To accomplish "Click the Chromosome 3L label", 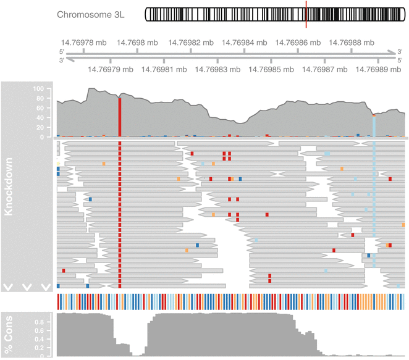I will [x=91, y=14].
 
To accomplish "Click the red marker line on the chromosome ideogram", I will [x=306, y=14].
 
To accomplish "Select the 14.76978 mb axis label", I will [x=83, y=43].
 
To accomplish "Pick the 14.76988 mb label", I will [x=352, y=43].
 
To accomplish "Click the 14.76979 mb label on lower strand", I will [x=110, y=70].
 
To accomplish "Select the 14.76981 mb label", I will [x=164, y=70].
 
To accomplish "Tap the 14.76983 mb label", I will [x=217, y=70].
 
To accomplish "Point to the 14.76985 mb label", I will [x=271, y=70].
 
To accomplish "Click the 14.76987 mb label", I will [x=325, y=70].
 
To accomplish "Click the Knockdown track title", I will [x=9, y=185].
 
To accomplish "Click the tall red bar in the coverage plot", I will [x=119, y=117].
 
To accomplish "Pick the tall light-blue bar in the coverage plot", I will [x=374, y=126].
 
